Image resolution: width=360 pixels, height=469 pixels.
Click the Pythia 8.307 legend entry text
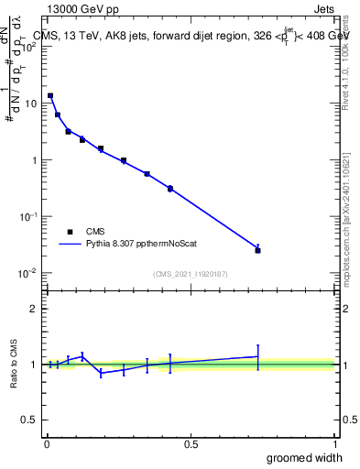[143, 245]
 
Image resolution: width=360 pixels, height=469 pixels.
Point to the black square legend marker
[71, 232]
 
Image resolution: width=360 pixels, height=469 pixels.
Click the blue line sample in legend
[71, 245]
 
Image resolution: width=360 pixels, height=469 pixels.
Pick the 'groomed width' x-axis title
[305, 457]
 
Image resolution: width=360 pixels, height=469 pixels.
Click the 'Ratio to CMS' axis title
[14, 364]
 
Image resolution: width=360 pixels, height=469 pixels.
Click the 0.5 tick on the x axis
[191, 443]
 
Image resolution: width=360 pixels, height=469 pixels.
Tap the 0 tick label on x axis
[47, 443]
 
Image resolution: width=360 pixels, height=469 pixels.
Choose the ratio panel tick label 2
[33, 309]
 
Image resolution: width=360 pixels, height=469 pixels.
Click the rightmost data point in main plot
[257, 250]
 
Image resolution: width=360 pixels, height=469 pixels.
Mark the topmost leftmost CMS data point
[50, 95]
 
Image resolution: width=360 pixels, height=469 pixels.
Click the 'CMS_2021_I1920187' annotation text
[191, 274]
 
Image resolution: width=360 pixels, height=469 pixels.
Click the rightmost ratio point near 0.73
[257, 356]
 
